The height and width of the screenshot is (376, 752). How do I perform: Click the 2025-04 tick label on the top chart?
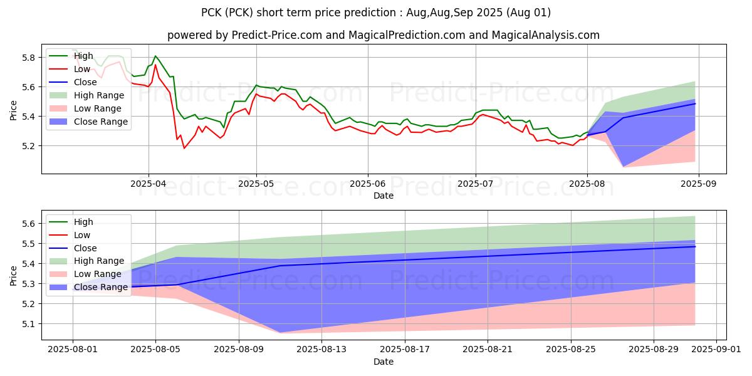149,184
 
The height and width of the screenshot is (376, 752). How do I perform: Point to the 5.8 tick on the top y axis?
28,58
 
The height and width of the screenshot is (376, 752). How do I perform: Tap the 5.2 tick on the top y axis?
28,146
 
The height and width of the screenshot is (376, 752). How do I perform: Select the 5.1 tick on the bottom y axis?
28,324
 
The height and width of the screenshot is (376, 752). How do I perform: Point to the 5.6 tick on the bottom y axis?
28,224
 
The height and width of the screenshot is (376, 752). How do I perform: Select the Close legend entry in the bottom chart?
85,248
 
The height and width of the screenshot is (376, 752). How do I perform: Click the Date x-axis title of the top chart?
384,196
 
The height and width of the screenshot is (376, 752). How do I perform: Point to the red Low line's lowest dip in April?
184,148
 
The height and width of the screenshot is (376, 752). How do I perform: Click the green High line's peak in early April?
155,56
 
